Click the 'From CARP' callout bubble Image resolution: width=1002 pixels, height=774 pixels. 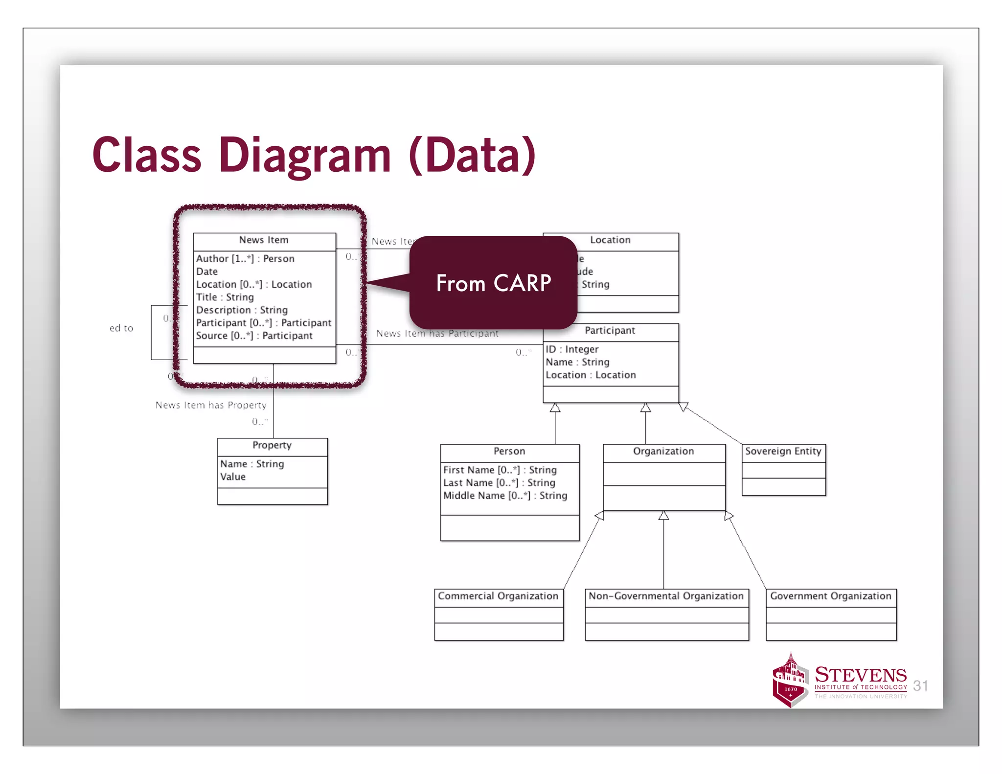[493, 283]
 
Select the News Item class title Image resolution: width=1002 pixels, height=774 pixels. [264, 240]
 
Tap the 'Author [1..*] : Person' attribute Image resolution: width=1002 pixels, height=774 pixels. [245, 259]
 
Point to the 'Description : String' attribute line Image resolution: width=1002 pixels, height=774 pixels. [242, 310]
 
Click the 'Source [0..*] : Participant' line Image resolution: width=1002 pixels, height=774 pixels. [254, 336]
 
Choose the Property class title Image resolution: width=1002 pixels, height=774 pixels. [272, 445]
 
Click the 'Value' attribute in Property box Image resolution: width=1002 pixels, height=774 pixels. [233, 477]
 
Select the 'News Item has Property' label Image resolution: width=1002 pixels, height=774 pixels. [211, 405]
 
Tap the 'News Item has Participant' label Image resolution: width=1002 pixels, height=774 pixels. [437, 334]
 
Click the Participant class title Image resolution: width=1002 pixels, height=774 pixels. [610, 331]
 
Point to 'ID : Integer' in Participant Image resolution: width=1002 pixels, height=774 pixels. [572, 349]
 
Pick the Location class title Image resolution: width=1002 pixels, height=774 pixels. [610, 240]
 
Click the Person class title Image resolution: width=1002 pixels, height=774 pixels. [509, 451]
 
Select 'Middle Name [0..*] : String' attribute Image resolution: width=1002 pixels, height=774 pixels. [505, 496]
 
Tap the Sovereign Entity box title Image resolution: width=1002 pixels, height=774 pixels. [783, 451]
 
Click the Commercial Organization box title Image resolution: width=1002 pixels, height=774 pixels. [498, 596]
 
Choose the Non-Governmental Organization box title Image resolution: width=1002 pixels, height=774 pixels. [666, 596]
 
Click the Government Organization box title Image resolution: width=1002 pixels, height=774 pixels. [830, 596]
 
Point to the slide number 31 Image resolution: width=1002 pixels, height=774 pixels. [920, 686]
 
